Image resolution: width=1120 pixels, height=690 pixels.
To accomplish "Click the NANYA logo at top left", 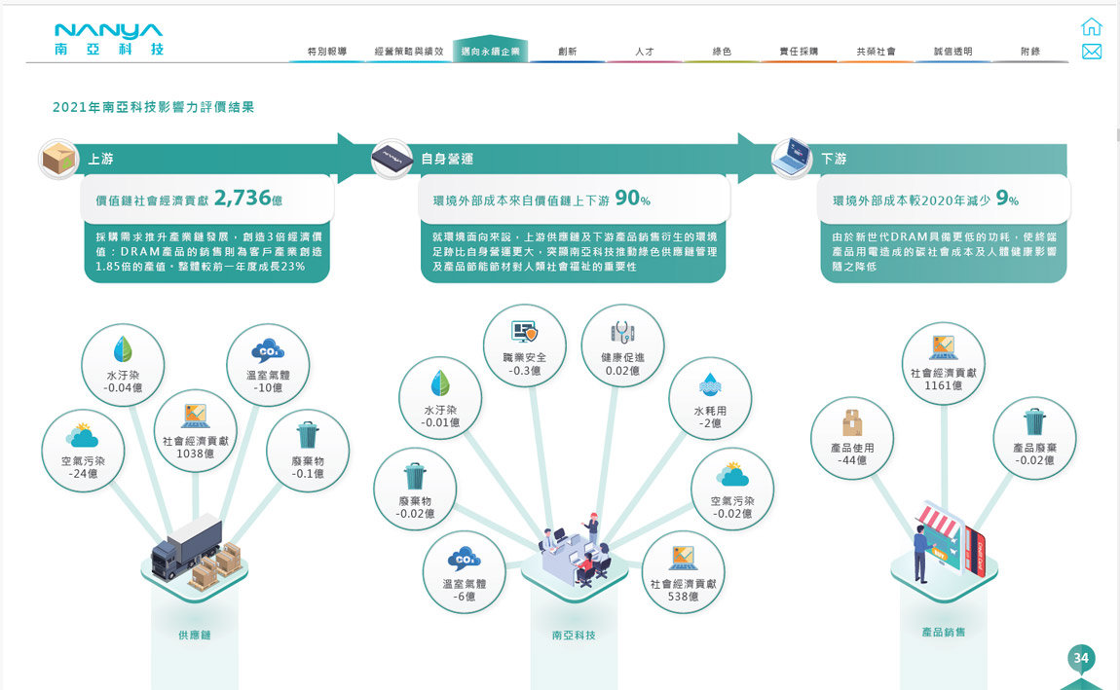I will [109, 40].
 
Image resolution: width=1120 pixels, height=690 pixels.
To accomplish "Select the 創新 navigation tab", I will [567, 51].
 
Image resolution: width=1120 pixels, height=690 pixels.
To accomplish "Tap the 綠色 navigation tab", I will [722, 51].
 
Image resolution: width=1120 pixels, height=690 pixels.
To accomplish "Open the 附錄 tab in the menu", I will [1030, 51].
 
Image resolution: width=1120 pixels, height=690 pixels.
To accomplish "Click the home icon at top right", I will [1092, 26].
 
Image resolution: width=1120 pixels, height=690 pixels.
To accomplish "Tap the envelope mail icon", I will [1092, 52].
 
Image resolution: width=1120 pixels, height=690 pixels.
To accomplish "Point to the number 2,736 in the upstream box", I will [242, 199].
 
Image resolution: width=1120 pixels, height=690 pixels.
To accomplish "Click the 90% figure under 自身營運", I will [632, 199].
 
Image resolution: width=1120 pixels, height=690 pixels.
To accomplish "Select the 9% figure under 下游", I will [1007, 200].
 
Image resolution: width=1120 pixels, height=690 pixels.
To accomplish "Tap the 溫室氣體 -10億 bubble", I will [268, 365].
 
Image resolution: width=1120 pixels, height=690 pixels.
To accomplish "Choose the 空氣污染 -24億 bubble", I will [83, 451].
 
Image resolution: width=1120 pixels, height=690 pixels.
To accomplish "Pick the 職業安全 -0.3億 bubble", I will [525, 346].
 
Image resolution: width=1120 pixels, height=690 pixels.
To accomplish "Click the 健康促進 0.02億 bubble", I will [622, 346].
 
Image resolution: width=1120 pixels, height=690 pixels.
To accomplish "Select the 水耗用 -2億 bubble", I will [710, 400].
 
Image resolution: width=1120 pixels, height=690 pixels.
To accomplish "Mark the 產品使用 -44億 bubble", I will [852, 438].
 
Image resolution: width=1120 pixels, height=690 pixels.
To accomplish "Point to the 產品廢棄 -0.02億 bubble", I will [1034, 438].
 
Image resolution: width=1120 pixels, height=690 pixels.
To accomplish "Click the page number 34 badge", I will [1081, 659].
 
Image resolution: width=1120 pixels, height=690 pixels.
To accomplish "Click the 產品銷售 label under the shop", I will [943, 632].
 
